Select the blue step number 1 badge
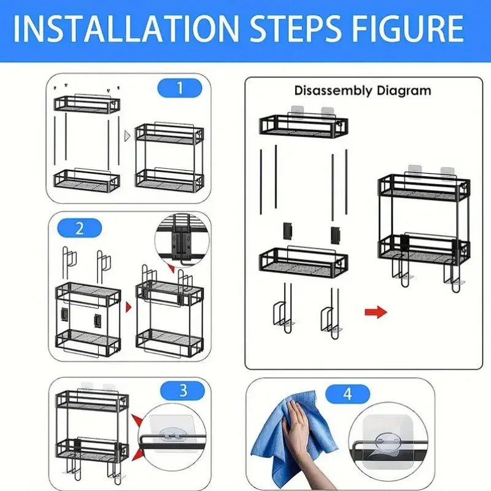click(x=179, y=88)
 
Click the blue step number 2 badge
click(x=80, y=229)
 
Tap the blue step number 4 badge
click(x=347, y=394)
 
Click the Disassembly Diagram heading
click(x=362, y=91)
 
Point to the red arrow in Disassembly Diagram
click(x=376, y=312)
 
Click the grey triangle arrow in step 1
click(x=128, y=136)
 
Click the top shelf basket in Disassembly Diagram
click(x=303, y=126)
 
